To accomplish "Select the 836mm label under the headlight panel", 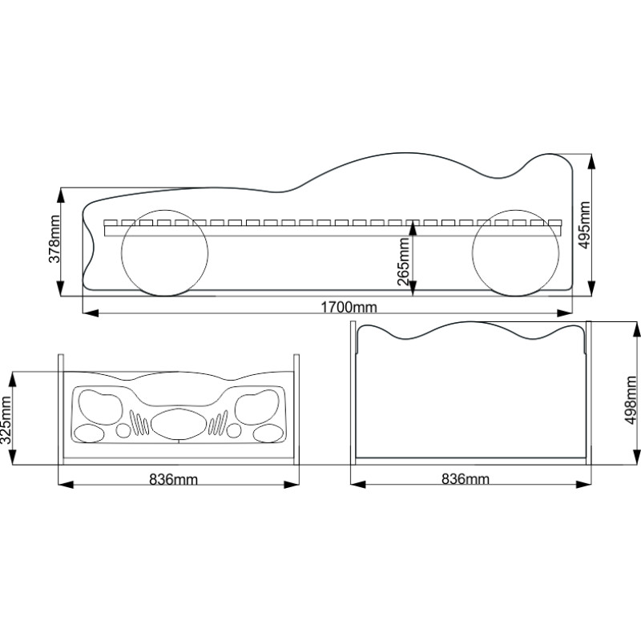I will (174, 479).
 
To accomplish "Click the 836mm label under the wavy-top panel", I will (466, 479).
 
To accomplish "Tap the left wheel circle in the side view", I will (165, 256).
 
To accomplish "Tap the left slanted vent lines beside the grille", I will (139, 423).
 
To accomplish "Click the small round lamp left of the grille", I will (123, 431).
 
